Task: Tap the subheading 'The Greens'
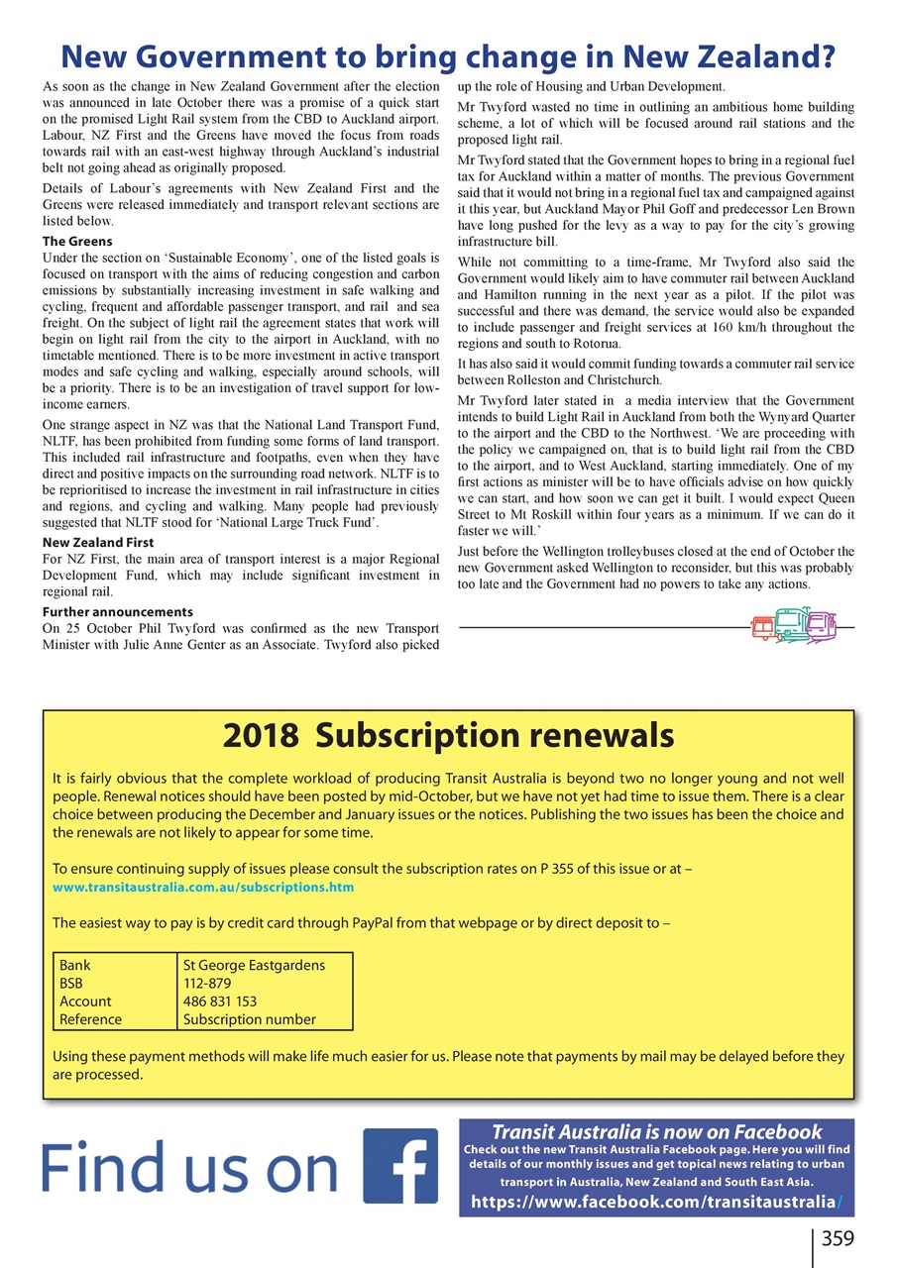point(77,241)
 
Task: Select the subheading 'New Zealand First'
point(98,543)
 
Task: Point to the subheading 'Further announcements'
point(118,611)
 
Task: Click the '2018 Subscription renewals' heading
point(448,736)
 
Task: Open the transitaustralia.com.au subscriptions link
point(202,887)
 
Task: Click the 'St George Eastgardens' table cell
point(254,965)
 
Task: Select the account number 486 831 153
point(220,1002)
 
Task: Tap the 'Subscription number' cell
point(250,1019)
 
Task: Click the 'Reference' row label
point(90,1019)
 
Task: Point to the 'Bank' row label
point(74,965)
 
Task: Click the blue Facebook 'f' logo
point(400,1166)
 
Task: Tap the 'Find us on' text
point(189,1169)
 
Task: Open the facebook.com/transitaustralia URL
point(656,1202)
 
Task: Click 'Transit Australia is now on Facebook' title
point(656,1131)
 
